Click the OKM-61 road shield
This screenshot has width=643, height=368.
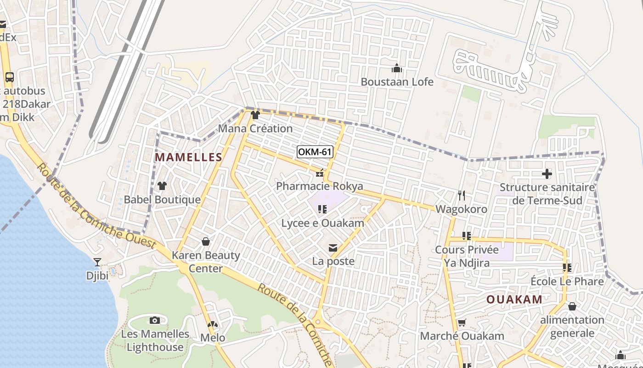click(315, 152)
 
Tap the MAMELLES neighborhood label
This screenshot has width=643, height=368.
click(188, 157)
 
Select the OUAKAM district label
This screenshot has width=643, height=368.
click(514, 299)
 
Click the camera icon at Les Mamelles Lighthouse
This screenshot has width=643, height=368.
click(155, 320)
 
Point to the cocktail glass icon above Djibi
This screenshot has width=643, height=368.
click(97, 262)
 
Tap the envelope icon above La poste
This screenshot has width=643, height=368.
click(333, 248)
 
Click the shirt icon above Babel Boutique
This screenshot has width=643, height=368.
click(162, 186)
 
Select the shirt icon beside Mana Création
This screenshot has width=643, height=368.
click(255, 115)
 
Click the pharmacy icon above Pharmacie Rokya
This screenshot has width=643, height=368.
click(320, 173)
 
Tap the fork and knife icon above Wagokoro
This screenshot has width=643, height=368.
click(462, 195)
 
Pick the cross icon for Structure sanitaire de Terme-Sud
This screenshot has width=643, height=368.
click(547, 174)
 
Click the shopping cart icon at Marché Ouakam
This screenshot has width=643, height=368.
click(462, 322)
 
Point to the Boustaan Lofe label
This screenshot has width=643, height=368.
click(397, 82)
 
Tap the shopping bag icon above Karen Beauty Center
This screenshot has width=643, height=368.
click(206, 241)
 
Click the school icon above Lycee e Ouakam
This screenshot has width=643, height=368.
click(322, 209)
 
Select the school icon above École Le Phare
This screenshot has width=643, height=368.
click(567, 267)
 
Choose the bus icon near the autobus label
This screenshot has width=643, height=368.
click(10, 77)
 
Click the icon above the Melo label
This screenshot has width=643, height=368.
click(212, 324)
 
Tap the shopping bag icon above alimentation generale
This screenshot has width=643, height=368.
click(572, 306)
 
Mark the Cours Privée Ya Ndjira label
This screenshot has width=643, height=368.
click(466, 256)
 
